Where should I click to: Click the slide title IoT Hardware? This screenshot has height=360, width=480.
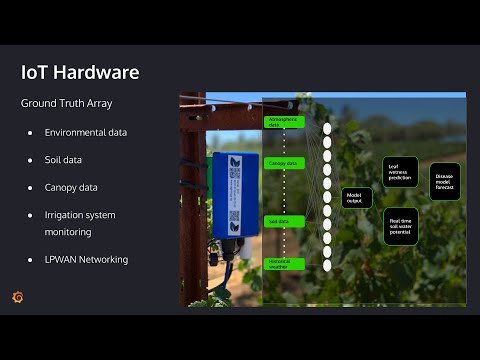click(x=80, y=73)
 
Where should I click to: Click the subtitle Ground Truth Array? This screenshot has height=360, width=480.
click(x=67, y=103)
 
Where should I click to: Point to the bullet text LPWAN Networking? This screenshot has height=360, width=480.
click(x=86, y=260)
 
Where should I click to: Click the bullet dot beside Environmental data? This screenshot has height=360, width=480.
click(x=31, y=132)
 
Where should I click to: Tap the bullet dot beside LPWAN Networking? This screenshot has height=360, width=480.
click(x=31, y=260)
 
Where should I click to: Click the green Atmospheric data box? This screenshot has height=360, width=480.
click(x=284, y=122)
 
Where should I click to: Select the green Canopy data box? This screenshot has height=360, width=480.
click(x=282, y=163)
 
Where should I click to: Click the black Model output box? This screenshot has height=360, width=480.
click(x=357, y=198)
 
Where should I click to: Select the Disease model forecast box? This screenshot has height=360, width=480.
click(x=446, y=181)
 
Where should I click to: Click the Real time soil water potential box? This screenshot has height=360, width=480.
click(x=401, y=226)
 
